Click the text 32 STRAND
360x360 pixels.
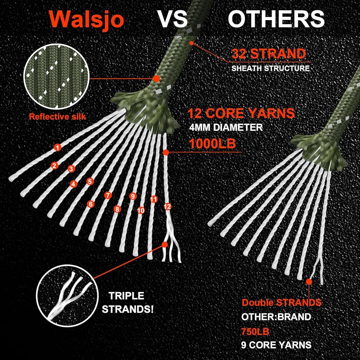[269, 54]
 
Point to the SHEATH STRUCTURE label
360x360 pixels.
[270, 68]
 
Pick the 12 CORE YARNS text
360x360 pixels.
[241, 113]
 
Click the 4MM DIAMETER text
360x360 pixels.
[226, 127]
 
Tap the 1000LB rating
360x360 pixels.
[212, 143]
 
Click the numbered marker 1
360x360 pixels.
[57, 147]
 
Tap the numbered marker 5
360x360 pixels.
[90, 182]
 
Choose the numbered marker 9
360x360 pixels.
[133, 196]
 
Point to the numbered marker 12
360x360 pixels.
[167, 207]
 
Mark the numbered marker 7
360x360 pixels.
[108, 195]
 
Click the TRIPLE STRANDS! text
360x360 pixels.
[127, 302]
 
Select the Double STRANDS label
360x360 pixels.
[281, 302]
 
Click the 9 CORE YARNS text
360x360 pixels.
[276, 345]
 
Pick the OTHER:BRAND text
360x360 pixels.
[276, 317]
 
